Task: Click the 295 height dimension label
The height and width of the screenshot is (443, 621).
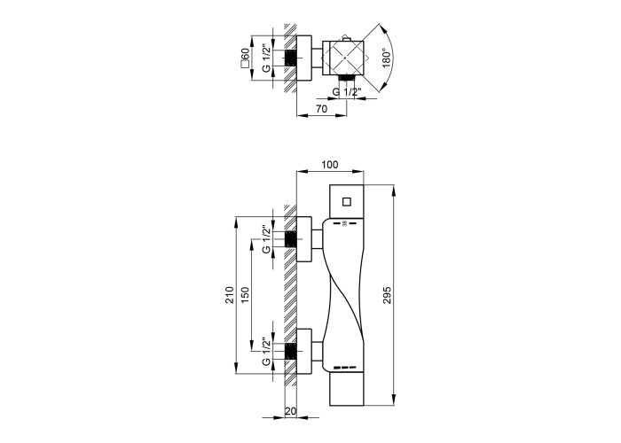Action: point(388,295)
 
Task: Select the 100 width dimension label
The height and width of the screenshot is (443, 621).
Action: point(330,165)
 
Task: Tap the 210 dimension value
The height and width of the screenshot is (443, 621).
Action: point(230,295)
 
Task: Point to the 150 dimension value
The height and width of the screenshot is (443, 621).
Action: point(245,295)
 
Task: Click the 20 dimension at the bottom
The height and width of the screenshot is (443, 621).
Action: point(291,411)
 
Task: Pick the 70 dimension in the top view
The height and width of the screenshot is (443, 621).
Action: point(321,109)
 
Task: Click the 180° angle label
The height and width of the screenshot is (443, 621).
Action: point(387,58)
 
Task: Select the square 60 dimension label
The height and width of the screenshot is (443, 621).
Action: point(245,58)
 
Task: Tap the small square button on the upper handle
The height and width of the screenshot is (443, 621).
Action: point(347,202)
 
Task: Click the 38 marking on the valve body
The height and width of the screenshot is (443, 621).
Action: point(344,224)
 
